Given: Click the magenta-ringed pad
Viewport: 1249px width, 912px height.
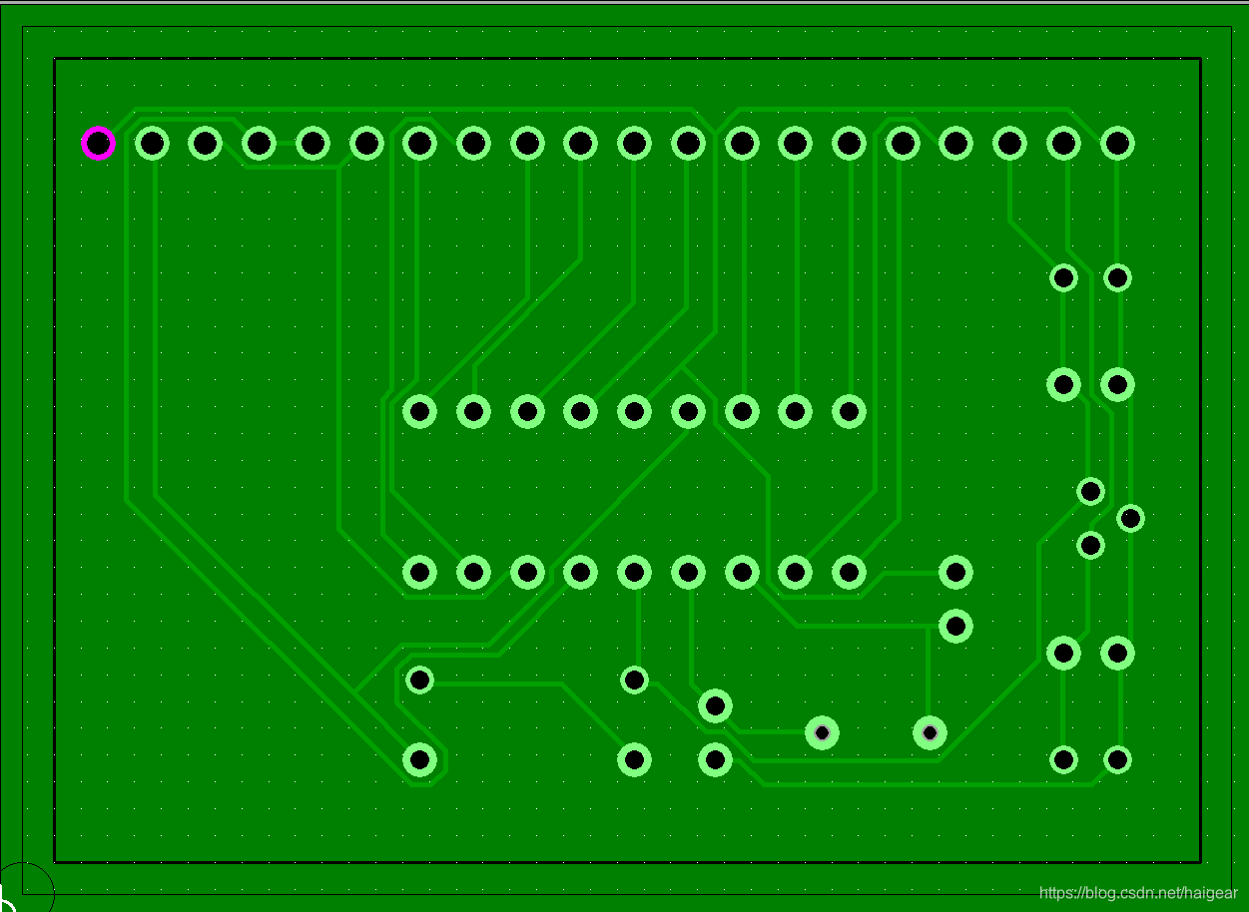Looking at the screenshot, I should (x=98, y=144).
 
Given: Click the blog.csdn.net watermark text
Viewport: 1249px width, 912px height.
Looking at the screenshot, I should (x=1137, y=893).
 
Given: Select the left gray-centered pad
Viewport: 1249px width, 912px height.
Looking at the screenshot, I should (x=822, y=733).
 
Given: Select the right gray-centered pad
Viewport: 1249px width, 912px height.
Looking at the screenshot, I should (x=930, y=733).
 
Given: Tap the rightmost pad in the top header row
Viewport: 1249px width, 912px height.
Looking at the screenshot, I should (x=1117, y=144).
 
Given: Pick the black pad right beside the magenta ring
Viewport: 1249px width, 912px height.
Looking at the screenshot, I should (x=152, y=144).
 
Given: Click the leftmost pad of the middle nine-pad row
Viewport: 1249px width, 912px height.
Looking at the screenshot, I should (x=420, y=410).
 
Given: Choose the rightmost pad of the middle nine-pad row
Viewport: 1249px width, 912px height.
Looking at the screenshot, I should (x=849, y=410).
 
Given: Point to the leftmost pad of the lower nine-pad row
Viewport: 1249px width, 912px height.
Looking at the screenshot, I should (x=420, y=572).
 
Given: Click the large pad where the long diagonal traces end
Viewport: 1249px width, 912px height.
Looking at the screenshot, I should (x=420, y=760).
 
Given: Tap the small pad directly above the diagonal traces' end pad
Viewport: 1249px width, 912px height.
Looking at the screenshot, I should (x=420, y=681).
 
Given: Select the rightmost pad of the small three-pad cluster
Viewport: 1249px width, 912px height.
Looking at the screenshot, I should (x=1130, y=518).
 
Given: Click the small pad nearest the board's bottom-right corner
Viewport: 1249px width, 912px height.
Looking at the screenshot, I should (x=1117, y=760).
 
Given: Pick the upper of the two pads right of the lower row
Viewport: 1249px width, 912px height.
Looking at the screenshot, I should (x=955, y=572).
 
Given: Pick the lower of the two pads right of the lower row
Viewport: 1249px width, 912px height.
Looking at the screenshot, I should (x=955, y=626).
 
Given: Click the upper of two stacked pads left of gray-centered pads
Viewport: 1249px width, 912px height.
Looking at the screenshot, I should (x=715, y=706).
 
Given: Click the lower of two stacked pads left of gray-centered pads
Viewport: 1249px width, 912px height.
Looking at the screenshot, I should (x=715, y=760).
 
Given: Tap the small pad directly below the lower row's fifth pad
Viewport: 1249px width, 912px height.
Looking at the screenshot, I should (x=634, y=681).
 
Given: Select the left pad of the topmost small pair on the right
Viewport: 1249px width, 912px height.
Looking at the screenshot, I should (x=1063, y=277).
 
